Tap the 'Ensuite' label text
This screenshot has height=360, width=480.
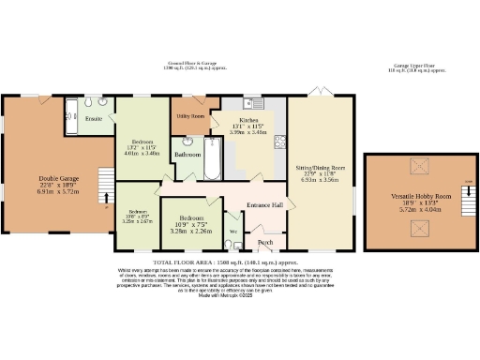coord(95,120)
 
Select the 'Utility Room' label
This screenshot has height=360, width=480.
coord(191,114)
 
